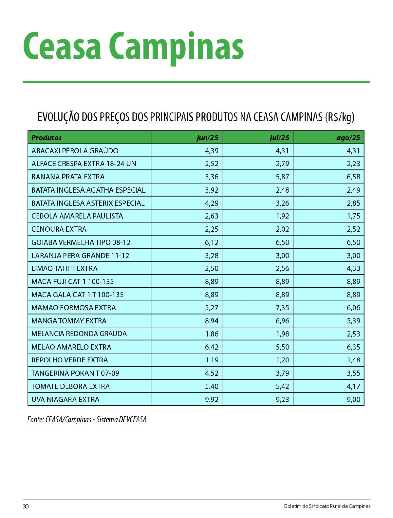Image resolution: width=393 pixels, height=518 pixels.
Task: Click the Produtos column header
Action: [x=47, y=138]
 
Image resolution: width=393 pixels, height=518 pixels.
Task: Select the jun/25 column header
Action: [x=207, y=138]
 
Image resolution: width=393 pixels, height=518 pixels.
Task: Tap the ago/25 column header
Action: [x=348, y=138]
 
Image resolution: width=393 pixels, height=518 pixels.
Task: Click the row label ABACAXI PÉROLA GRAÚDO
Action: [x=75, y=151]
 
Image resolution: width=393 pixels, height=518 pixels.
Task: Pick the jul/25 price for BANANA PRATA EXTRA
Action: [x=282, y=177]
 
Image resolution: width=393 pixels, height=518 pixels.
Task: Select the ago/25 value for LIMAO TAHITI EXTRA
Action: [x=353, y=268]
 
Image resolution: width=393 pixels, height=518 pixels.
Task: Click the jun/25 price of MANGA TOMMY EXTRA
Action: [x=212, y=321]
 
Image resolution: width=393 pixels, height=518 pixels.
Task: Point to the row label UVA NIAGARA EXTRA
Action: [x=65, y=399]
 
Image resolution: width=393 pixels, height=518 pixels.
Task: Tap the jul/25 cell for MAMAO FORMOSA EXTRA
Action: [x=282, y=308]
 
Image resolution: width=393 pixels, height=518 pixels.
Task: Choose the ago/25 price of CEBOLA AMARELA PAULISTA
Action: [x=353, y=216]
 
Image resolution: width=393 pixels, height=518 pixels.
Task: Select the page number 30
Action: [x=26, y=506]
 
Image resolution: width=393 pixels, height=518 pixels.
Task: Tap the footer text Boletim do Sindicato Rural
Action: [x=327, y=506]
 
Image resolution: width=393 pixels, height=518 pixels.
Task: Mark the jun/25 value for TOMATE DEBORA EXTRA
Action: [x=212, y=386]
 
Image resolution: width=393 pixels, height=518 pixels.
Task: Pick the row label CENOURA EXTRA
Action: [x=59, y=229]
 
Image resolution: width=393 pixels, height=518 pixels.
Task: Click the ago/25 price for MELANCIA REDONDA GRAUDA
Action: [x=353, y=334]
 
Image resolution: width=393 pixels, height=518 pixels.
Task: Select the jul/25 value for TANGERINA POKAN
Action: [x=282, y=373]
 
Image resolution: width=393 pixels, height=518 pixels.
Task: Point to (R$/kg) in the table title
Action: [x=340, y=117]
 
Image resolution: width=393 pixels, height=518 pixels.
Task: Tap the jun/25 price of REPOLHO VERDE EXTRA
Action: [x=212, y=360]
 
